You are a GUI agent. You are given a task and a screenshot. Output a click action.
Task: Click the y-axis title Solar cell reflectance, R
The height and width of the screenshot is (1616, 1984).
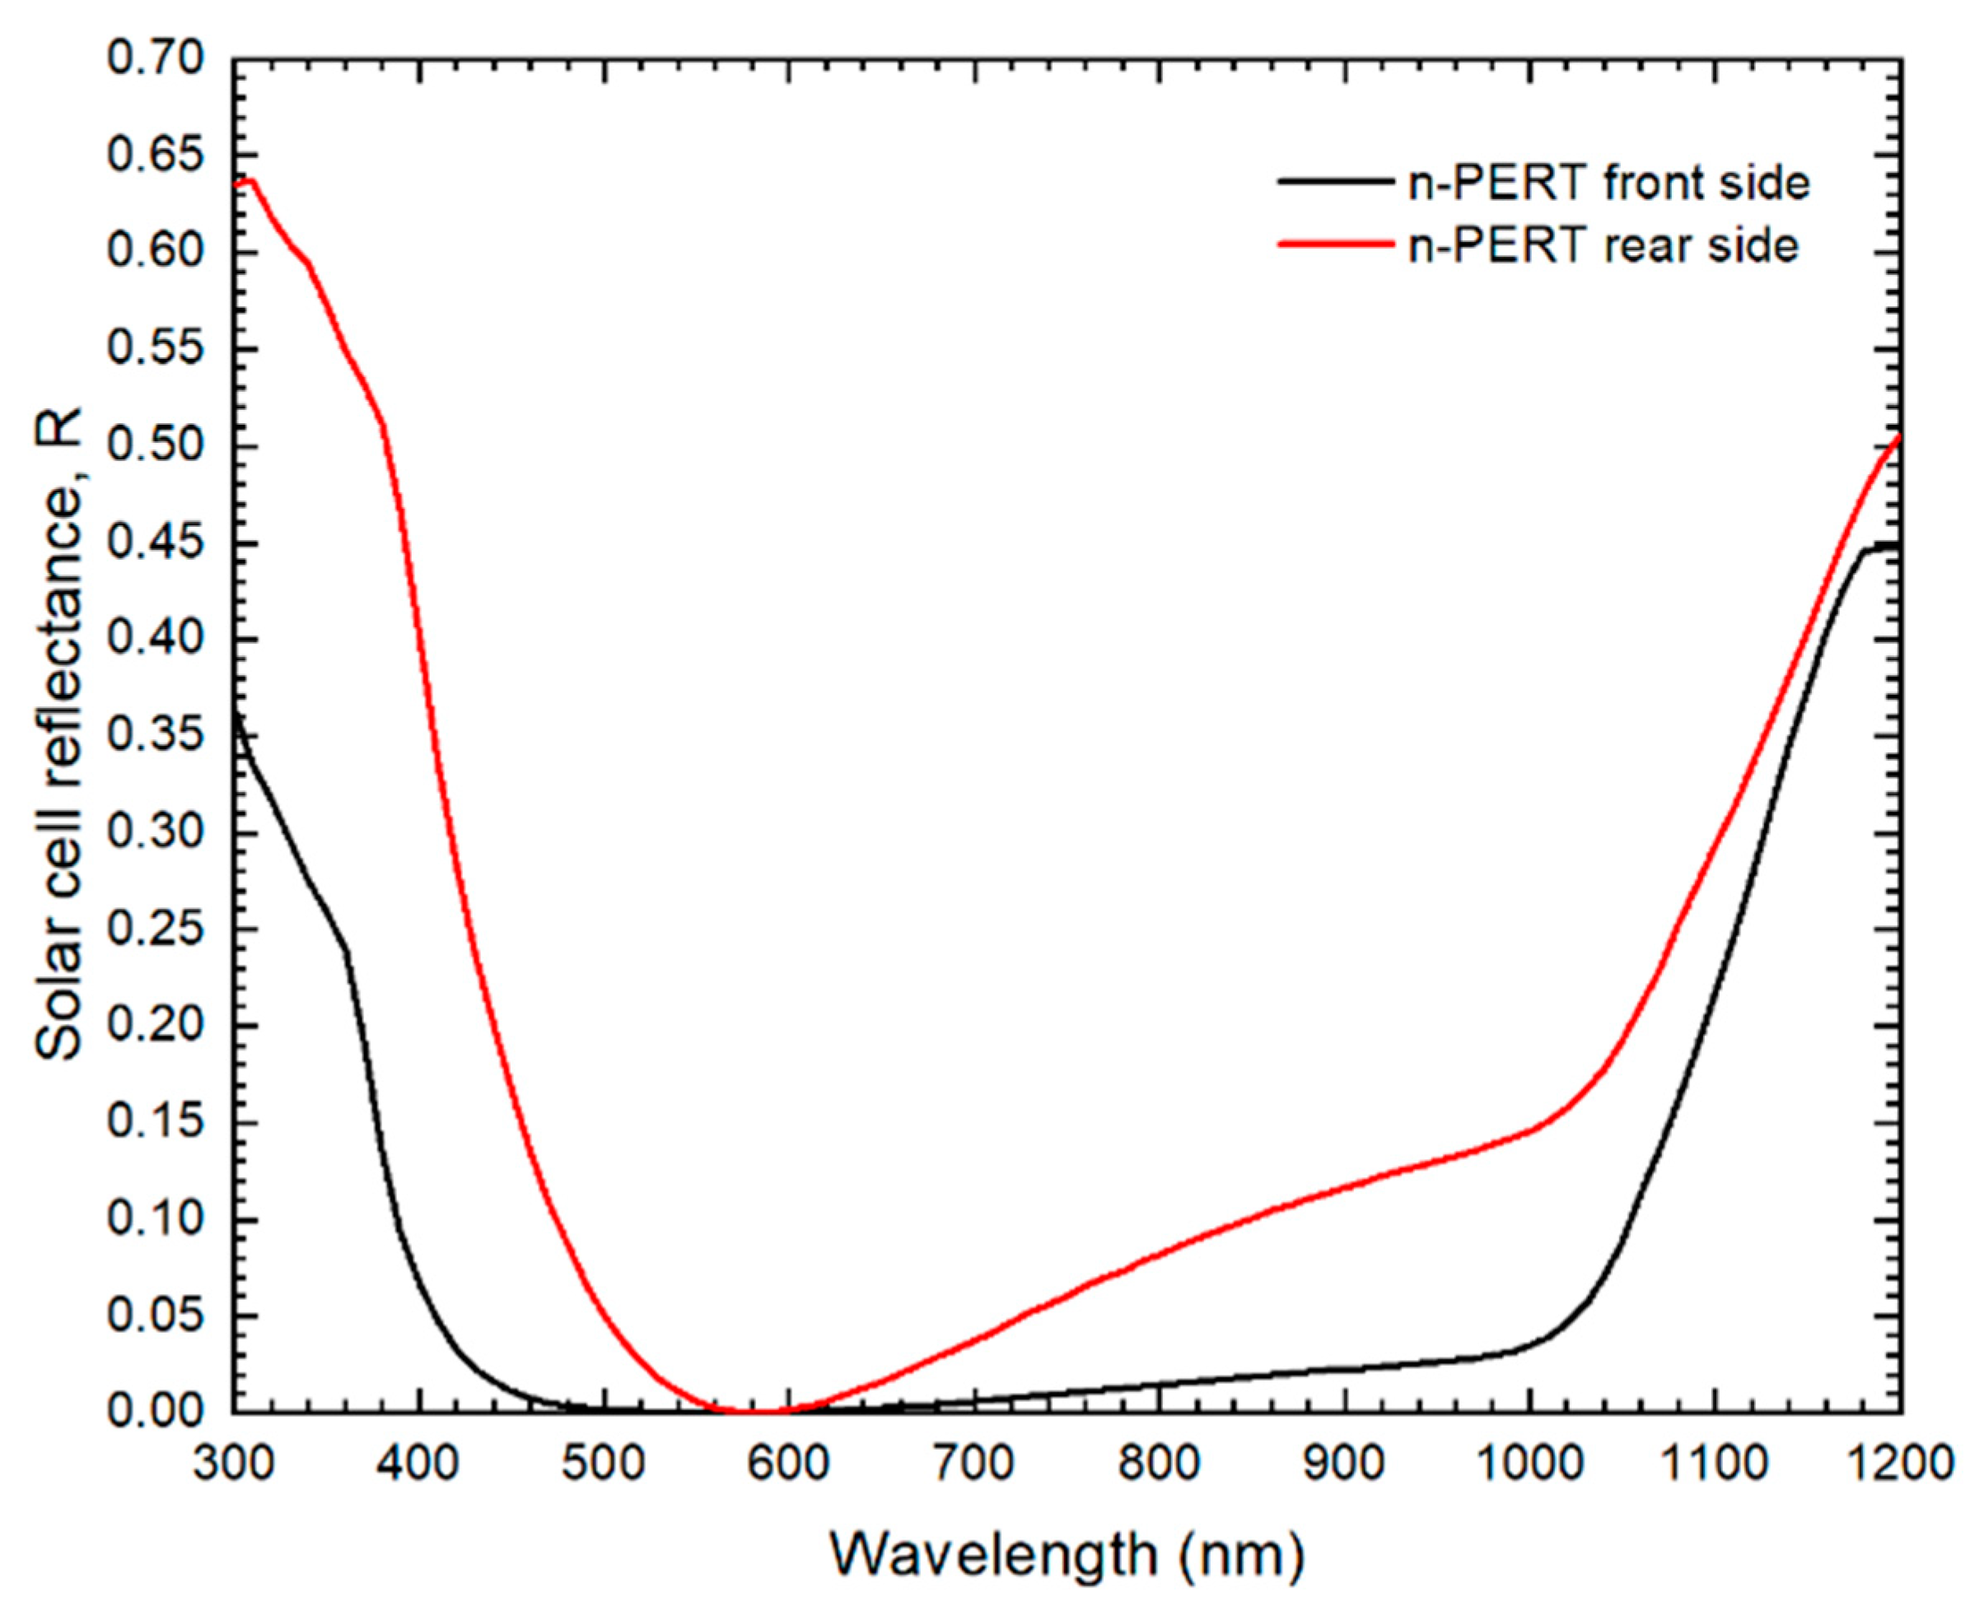pos(58,735)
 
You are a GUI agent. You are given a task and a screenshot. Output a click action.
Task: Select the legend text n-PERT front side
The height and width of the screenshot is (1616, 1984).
pos(1608,183)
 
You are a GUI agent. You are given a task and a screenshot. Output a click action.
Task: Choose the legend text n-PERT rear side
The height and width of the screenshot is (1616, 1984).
pos(1604,246)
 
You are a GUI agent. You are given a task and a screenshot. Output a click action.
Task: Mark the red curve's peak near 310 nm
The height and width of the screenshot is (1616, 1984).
pos(250,179)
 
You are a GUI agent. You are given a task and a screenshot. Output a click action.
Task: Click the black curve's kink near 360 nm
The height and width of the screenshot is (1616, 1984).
pos(348,952)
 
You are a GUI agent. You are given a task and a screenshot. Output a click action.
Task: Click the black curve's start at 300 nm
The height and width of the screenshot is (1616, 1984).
pos(235,715)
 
